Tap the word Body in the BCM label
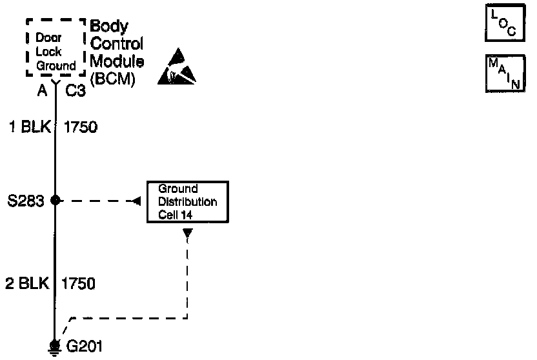pos(108,27)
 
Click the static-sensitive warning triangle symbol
pos(176,68)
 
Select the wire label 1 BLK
pos(28,127)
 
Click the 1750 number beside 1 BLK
pos(81,127)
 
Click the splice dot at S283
pos(56,200)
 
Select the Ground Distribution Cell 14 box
pos(187,202)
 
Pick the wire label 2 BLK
pos(28,283)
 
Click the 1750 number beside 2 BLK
pos(79,283)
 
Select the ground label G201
pos(85,346)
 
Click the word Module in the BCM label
pos(117,63)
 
